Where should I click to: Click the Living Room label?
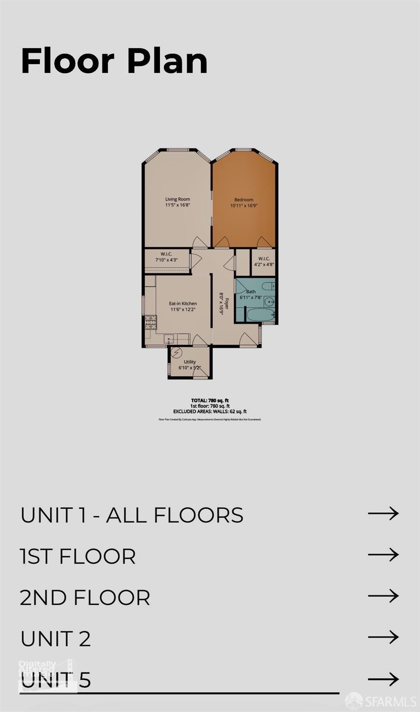point(177,202)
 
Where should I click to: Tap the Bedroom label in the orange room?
point(243,203)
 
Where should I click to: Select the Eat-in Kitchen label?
point(183,306)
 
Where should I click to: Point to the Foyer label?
point(224,304)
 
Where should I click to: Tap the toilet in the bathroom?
point(269,286)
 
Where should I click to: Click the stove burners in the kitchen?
point(150,323)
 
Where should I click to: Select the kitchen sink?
point(170,339)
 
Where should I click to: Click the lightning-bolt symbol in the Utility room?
point(177,353)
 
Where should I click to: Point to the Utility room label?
point(189,364)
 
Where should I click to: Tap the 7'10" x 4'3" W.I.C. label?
point(166,257)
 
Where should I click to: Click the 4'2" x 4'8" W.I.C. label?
point(264,262)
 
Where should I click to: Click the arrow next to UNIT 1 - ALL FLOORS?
point(383,513)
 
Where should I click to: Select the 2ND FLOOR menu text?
point(85,598)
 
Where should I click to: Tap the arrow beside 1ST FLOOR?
point(383,555)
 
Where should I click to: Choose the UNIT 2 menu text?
point(56,639)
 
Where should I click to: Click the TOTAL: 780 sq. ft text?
point(210,401)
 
